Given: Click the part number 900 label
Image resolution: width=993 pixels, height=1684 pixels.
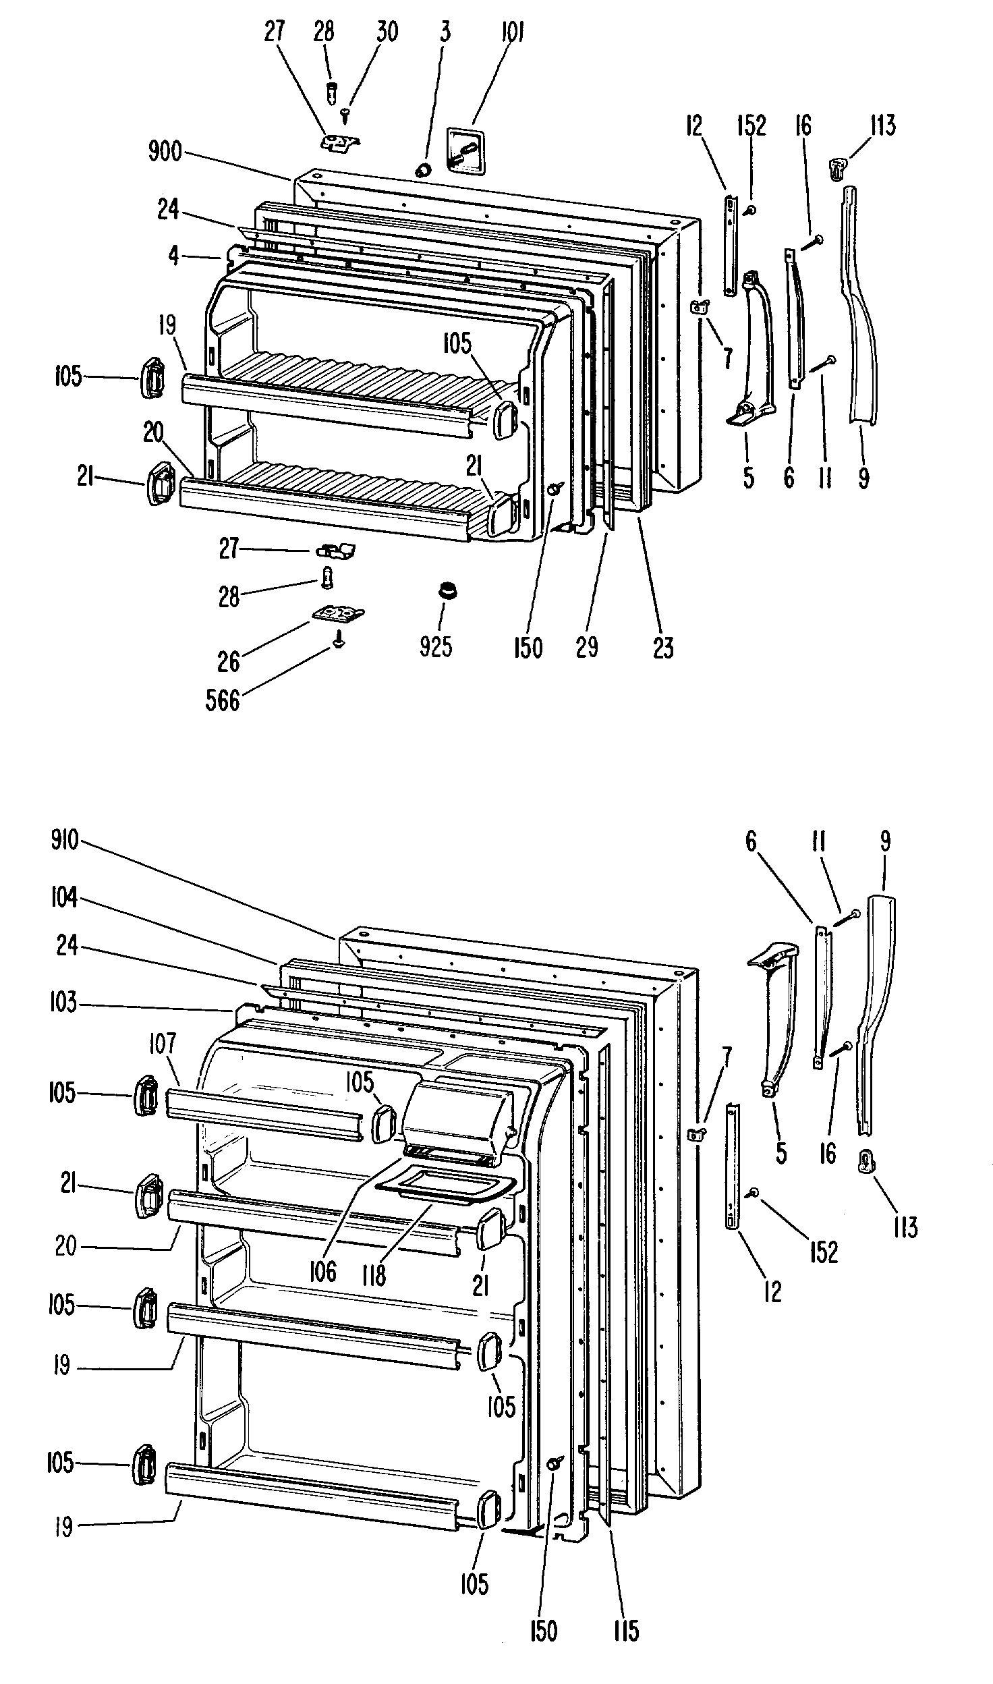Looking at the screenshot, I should (x=165, y=152).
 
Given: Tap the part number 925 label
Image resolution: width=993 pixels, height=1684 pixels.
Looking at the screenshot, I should (x=436, y=646).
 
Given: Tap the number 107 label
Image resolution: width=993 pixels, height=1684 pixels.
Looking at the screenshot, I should (x=162, y=1044).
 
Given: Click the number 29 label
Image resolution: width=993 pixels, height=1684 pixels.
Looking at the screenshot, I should (x=587, y=646).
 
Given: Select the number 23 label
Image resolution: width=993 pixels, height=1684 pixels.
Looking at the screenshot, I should (x=663, y=646).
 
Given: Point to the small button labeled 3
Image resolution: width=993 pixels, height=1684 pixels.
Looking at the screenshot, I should (x=424, y=169).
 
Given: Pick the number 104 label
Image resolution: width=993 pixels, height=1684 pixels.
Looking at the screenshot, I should (x=64, y=898).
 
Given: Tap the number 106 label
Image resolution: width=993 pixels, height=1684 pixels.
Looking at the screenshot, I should (x=322, y=1272).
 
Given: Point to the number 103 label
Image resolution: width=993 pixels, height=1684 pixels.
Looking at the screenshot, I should (x=63, y=1003).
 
